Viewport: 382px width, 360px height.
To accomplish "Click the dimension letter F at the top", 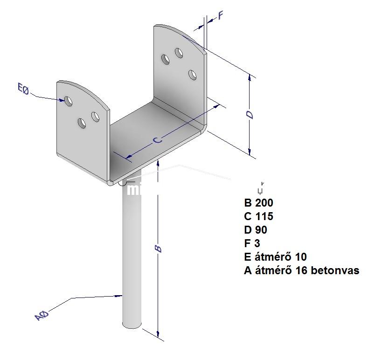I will [221, 15].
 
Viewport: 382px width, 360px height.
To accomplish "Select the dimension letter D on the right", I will [250, 115].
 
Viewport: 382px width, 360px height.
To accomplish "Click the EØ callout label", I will [23, 88].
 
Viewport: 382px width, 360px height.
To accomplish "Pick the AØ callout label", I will [42, 315].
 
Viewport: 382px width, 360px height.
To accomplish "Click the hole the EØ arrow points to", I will [68, 100].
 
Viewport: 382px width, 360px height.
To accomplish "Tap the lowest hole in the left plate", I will [82, 124].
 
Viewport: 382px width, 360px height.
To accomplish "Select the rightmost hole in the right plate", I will [192, 74].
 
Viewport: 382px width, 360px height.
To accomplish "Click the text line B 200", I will [258, 203].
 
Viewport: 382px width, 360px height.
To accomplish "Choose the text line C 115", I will [258, 216].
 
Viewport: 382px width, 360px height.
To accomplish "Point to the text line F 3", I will [252, 243].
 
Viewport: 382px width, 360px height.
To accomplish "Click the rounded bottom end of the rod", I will [132, 325].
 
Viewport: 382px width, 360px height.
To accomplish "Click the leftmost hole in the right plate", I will [165, 59].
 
